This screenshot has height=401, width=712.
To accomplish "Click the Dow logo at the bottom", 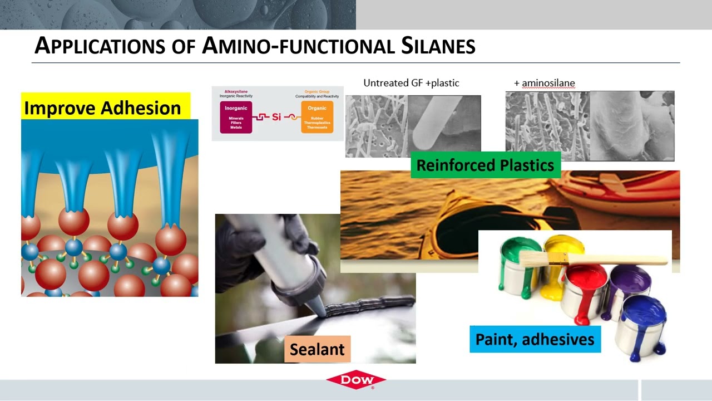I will coord(356,380).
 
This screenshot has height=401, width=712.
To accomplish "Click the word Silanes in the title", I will coord(438,46).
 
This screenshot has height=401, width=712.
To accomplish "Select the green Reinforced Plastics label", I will coord(485,165).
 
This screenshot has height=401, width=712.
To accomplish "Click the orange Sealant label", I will coord(317,349).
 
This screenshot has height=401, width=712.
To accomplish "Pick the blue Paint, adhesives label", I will coord(535,339).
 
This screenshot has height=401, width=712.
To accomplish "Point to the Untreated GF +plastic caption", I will coord(411,83).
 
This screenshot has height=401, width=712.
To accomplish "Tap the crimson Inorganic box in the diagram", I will coord(236,117).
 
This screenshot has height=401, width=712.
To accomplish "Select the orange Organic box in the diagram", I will coord(317,117).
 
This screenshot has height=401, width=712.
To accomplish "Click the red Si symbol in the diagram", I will coord(276,117).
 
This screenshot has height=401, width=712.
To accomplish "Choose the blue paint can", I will coord(642,323).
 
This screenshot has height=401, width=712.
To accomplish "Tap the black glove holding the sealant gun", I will coord(245,251).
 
